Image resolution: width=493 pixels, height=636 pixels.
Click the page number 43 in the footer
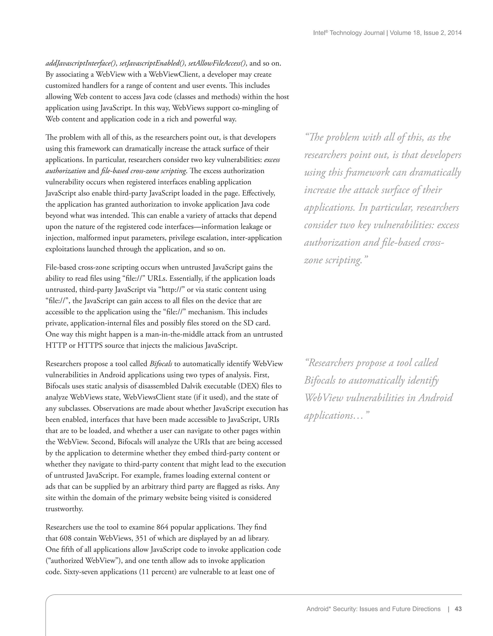[458, 609]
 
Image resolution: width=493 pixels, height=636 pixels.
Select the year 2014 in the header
[454, 33]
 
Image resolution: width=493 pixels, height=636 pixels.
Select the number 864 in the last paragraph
[162, 527]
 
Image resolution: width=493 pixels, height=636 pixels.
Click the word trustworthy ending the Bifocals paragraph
[64, 509]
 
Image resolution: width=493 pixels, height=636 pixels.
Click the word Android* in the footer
[318, 609]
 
